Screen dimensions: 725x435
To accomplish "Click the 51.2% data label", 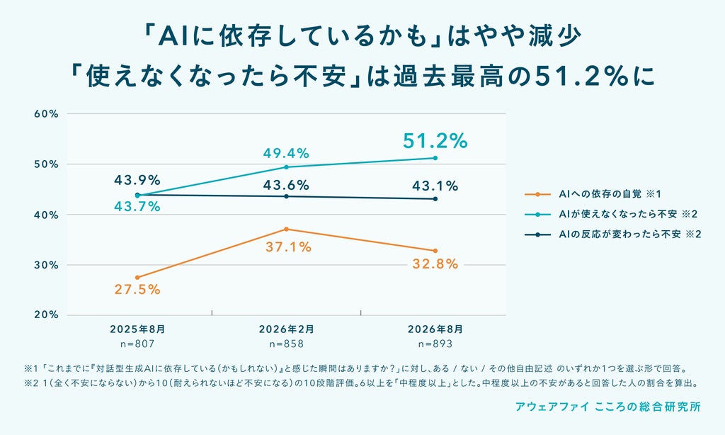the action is point(435,141).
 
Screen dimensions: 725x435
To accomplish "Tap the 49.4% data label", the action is point(286,153).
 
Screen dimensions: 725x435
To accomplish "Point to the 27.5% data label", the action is point(137,290).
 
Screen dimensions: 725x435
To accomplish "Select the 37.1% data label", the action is point(289,247).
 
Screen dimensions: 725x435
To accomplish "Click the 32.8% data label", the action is point(435,264).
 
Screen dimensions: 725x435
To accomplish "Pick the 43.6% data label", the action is point(286,186).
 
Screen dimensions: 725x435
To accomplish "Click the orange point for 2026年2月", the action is point(286,229).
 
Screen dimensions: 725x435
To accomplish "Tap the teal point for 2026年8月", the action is point(435,158).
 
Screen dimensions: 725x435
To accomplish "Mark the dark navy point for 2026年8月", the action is point(435,199).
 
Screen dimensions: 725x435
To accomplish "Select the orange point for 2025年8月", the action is point(137,277).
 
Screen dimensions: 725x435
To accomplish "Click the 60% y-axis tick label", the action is point(46,114).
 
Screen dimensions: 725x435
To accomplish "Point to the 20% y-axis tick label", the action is point(46,315).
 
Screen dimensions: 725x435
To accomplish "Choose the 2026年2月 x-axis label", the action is point(286,329).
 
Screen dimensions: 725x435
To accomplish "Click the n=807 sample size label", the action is point(137,344).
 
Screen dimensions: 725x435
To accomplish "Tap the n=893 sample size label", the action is point(435,344).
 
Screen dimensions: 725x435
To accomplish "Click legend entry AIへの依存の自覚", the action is point(610,194).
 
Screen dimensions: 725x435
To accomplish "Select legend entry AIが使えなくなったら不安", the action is point(628,214).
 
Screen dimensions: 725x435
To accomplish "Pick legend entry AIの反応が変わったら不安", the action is point(629,235).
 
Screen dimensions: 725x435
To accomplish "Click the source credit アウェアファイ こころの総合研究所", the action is point(608,407).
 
